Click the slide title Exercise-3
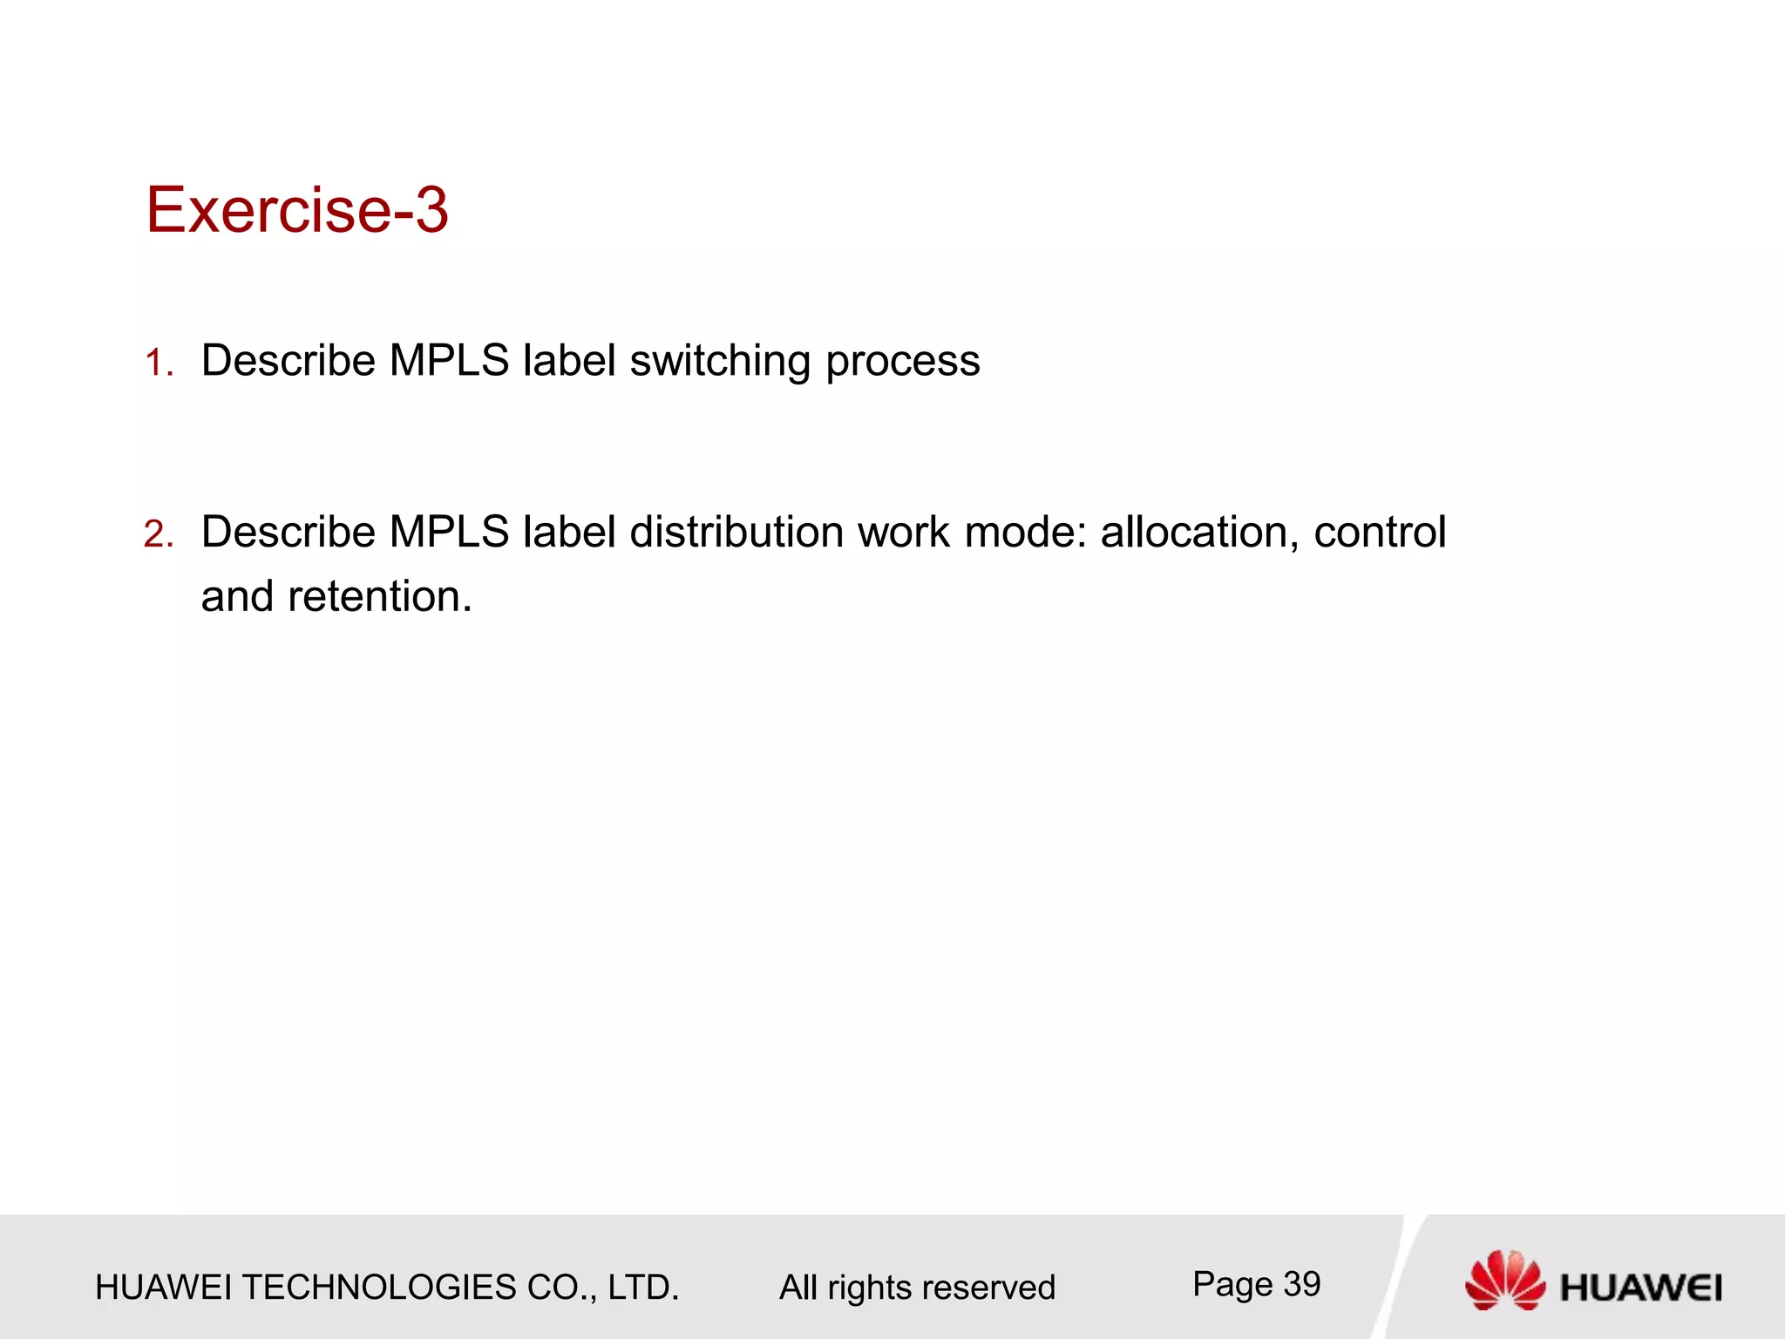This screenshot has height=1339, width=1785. pyautogui.click(x=296, y=210)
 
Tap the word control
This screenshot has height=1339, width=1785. pyautogui.click(x=1380, y=532)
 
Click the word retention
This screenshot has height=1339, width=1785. pyautogui.click(x=379, y=597)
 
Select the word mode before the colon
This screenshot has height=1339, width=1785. pyautogui.click(x=1024, y=532)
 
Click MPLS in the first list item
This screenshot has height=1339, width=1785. pyautogui.click(x=449, y=361)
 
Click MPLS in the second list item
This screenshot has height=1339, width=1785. pyautogui.click(x=449, y=532)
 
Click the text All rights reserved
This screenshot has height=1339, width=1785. pyautogui.click(x=917, y=1288)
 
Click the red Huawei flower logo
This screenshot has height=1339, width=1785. pyautogui.click(x=1503, y=1280)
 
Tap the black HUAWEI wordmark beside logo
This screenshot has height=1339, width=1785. pyautogui.click(x=1640, y=1288)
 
